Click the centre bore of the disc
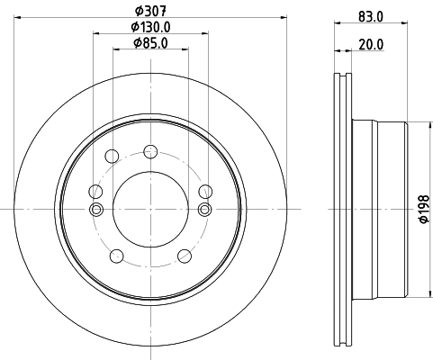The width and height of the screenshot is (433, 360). pos(149,208)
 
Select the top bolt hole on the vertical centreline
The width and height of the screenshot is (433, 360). pos(149,152)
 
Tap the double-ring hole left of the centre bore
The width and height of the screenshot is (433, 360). pos(96,210)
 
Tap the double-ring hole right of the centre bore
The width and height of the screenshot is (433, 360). pos(203,210)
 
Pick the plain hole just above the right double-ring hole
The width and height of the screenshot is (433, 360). pos(205,190)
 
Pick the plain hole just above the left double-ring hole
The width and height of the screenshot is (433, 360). pos(95,190)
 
